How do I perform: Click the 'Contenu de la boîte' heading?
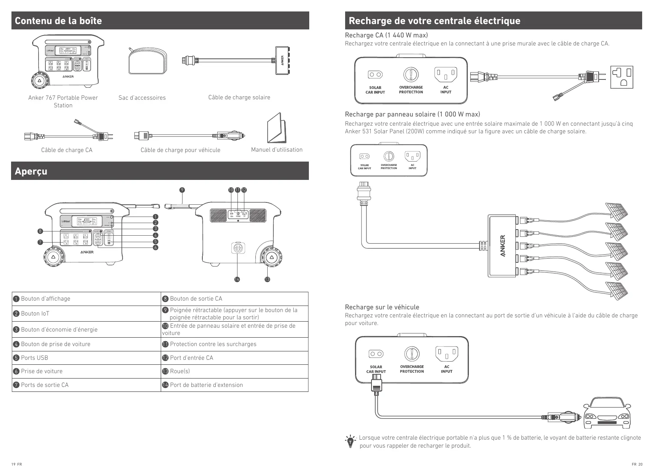[58, 21]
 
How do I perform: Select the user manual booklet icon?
[276, 128]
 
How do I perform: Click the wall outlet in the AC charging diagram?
[622, 77]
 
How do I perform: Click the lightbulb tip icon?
[350, 441]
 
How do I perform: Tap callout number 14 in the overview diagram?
[237, 279]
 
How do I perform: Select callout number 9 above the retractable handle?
[182, 190]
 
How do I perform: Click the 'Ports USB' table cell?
[86, 358]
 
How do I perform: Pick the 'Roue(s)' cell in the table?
[234, 371]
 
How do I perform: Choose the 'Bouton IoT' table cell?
[86, 314]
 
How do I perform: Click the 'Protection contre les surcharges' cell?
[234, 344]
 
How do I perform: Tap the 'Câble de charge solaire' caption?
[239, 97]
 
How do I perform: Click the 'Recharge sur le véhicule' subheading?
[382, 307]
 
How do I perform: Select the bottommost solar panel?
[617, 289]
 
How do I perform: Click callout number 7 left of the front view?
[40, 242]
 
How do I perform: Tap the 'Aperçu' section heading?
[31, 171]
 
